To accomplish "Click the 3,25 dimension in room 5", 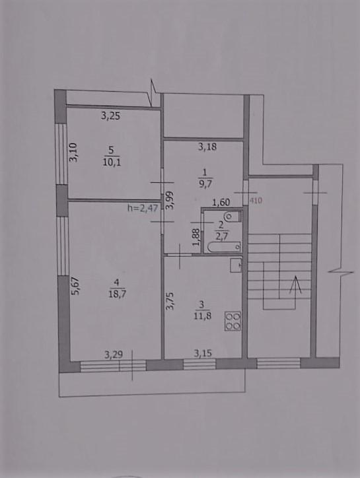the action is click(110, 116).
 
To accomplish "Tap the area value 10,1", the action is click(112, 162).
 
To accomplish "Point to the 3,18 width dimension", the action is click(207, 147).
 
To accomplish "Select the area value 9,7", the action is click(205, 184).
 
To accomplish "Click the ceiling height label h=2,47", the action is click(143, 209).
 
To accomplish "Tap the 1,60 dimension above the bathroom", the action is click(221, 202).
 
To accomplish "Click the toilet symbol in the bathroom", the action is click(233, 217).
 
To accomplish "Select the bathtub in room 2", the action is click(223, 246).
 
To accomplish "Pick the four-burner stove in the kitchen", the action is click(233, 321).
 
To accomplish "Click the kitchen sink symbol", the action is click(236, 265).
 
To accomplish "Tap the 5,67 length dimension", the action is click(75, 286).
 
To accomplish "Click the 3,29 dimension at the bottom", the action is click(114, 355).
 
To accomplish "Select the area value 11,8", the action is click(203, 316).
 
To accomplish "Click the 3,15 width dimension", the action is click(203, 353).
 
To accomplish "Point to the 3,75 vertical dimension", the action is click(170, 301).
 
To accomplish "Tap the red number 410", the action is click(256, 201).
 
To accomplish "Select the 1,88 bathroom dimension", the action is click(196, 237).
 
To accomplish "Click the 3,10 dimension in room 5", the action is click(73, 153).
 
